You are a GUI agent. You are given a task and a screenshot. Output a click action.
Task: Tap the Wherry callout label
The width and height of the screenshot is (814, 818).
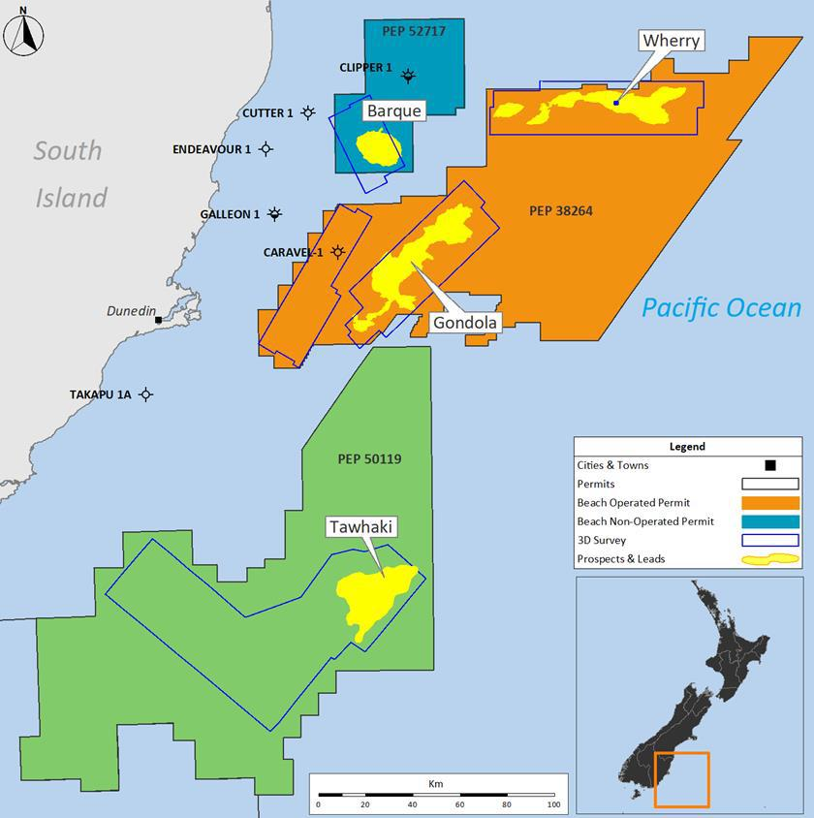click(670, 41)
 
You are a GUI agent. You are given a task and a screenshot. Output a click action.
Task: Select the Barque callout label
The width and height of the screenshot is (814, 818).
click(394, 111)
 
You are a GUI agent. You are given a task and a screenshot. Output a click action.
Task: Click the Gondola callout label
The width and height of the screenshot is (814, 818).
click(465, 323)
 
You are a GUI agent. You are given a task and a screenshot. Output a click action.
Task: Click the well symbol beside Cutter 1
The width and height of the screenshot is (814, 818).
click(308, 112)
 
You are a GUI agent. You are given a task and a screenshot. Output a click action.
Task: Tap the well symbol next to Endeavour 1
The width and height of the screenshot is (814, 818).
click(266, 149)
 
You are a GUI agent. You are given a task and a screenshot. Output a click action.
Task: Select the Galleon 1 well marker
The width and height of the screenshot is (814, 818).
click(275, 214)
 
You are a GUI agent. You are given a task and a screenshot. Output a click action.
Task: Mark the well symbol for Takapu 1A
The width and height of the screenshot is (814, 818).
click(145, 394)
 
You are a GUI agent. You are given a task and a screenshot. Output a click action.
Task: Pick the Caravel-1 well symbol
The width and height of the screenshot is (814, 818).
click(337, 252)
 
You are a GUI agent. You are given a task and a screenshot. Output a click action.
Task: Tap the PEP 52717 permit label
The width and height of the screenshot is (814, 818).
click(414, 31)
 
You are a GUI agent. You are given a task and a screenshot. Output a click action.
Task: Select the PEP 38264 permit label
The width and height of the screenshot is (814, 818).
click(561, 210)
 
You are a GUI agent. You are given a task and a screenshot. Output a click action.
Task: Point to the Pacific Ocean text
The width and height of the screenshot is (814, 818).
click(722, 308)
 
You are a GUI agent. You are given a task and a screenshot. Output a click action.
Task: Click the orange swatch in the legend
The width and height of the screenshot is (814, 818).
click(769, 503)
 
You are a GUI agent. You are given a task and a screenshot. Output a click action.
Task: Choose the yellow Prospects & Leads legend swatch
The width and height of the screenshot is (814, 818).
click(769, 558)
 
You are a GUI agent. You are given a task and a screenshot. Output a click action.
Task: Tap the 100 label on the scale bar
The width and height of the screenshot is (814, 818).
click(552, 805)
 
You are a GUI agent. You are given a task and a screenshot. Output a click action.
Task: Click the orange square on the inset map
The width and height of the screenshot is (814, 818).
click(682, 780)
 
